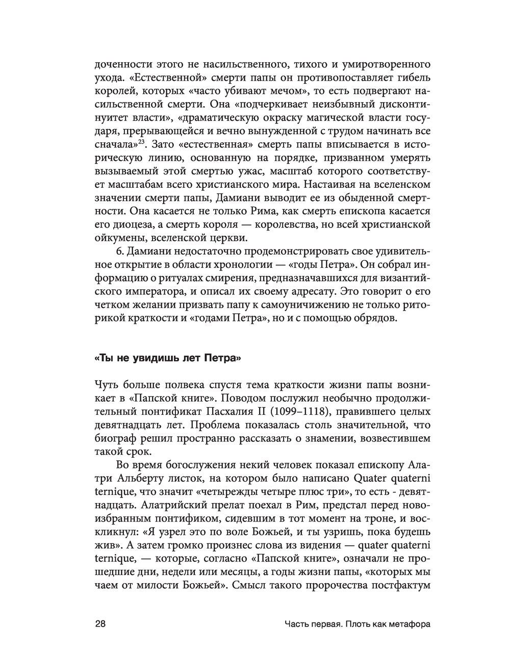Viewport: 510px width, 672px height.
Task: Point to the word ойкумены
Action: click(x=116, y=238)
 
